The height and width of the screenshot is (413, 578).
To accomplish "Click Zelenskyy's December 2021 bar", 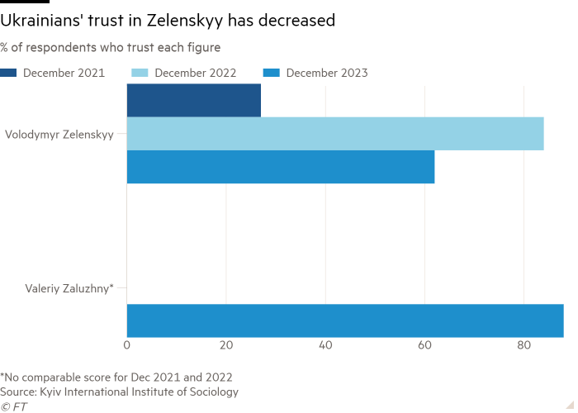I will point(194,100).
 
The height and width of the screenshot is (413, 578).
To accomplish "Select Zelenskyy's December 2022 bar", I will point(335,134).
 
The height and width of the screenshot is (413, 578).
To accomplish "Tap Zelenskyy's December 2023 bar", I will point(281,168).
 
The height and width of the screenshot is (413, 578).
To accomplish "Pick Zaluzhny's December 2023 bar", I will point(345,320).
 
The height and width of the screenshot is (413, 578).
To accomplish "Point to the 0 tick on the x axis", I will point(127,344).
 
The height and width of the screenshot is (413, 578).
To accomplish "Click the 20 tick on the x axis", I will point(226,344).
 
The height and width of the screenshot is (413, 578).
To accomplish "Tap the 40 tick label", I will point(325,344).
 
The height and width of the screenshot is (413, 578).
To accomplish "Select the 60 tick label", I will point(424,344).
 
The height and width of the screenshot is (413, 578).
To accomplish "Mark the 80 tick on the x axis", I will point(524,344).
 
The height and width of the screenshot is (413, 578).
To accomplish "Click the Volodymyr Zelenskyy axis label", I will point(59,134).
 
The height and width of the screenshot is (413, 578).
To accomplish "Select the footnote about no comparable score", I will point(116,377).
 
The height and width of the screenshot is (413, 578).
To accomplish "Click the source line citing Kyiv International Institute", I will point(120,392).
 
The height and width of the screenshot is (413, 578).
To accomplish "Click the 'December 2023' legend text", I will point(327,73).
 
